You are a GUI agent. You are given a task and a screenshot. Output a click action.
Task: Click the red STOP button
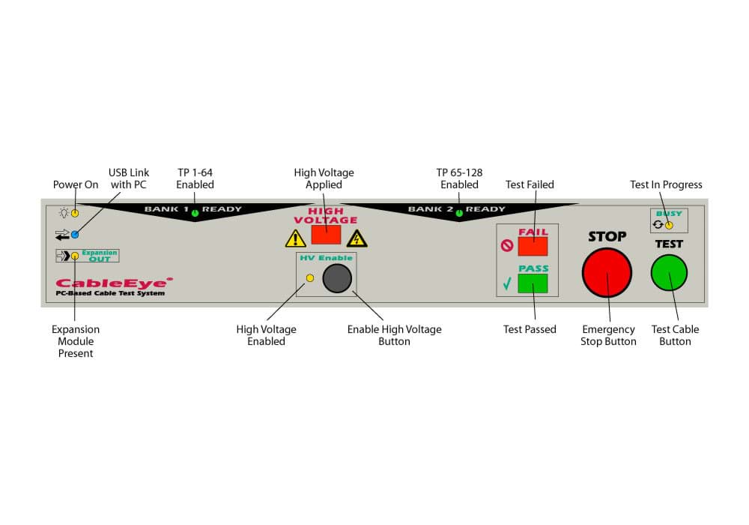(x=607, y=271)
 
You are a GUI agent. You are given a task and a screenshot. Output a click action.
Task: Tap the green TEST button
(x=669, y=271)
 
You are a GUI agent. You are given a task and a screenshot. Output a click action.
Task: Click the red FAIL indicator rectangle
(x=533, y=245)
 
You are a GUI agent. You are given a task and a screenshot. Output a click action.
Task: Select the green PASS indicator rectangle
(x=533, y=283)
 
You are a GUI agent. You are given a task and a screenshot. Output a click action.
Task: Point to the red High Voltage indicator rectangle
(x=326, y=235)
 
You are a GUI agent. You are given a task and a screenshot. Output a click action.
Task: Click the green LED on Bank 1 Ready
(x=195, y=214)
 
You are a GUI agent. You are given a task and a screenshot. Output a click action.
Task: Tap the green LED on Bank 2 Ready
(x=458, y=214)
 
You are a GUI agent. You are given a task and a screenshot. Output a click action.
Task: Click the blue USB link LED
(x=75, y=235)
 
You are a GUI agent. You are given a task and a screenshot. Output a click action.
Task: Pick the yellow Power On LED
(x=75, y=213)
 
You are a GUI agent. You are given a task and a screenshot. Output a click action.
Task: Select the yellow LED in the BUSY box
(x=670, y=224)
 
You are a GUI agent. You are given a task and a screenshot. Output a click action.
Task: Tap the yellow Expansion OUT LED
(x=75, y=256)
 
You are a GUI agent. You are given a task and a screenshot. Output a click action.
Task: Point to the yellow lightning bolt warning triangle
(x=358, y=239)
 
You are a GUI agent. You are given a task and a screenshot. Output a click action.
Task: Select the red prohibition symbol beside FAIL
(x=507, y=245)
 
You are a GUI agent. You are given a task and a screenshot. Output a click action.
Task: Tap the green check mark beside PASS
(x=507, y=284)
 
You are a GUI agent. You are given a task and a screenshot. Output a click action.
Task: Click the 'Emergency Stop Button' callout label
(x=608, y=335)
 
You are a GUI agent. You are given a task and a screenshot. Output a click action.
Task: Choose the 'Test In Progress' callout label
(x=666, y=184)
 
